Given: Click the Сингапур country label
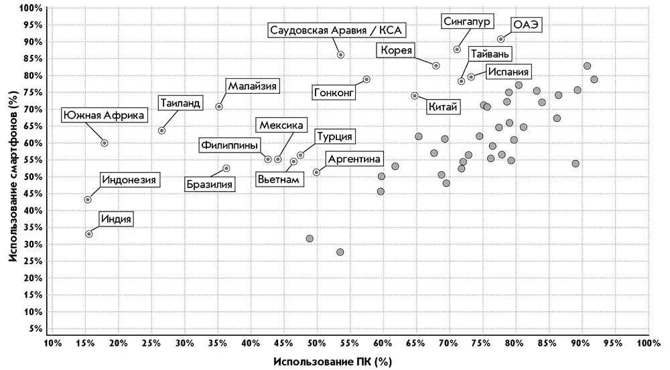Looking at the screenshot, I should pos(468,21).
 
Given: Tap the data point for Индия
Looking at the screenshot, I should pos(89,234).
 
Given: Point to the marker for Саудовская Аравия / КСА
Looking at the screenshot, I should pos(340,55).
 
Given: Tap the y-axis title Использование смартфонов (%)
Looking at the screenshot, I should pos(12,178).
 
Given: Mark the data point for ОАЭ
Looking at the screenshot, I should pos(500,39).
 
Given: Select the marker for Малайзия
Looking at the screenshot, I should pos(219,106).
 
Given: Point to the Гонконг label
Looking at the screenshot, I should pos(332,92).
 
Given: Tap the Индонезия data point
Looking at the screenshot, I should pos(88,199).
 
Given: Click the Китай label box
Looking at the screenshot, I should pos(443,106).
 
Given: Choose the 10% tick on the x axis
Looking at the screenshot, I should pos(52,344).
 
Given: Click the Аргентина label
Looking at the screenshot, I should pos(354,159).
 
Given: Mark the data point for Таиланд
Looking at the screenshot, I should pos(161,130).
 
